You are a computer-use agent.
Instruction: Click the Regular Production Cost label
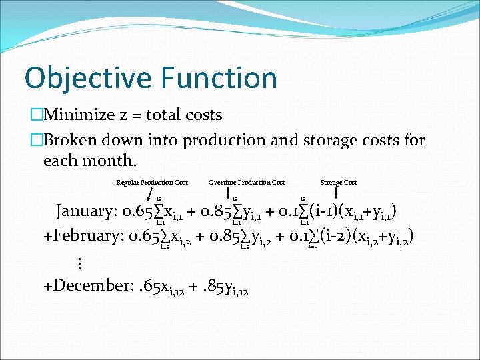[x=152, y=182]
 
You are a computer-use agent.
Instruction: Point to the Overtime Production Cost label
[x=247, y=182]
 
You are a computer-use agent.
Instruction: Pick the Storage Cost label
[x=339, y=182]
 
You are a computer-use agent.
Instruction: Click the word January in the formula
[x=85, y=211]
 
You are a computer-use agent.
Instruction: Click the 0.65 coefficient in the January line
[x=137, y=211]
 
